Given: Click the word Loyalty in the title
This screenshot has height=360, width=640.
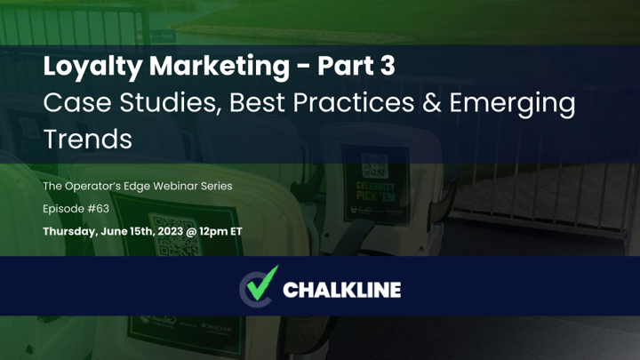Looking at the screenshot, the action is click(92, 67).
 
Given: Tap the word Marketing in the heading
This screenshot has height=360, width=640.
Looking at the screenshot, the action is click(220, 67).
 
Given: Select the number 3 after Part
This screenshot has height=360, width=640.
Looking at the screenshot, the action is click(388, 66).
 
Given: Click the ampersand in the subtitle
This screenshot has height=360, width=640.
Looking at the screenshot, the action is click(432, 102).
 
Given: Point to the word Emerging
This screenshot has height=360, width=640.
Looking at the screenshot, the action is click(513, 105).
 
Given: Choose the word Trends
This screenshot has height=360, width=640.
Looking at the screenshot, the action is click(88, 140).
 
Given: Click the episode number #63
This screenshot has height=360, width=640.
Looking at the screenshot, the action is click(99, 209).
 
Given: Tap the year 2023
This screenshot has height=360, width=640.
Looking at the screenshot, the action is click(170, 231).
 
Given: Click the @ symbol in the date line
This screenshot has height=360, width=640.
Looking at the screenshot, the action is click(191, 231).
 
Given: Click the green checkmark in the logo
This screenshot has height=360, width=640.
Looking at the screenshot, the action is click(262, 283).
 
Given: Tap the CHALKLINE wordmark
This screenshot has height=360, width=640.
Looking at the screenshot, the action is click(341, 290).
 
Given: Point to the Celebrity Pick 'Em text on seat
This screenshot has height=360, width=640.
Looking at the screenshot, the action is click(375, 192).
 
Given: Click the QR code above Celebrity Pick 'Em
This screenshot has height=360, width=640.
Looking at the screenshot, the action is click(375, 166).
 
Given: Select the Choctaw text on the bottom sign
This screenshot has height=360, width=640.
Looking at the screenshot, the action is click(217, 327).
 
